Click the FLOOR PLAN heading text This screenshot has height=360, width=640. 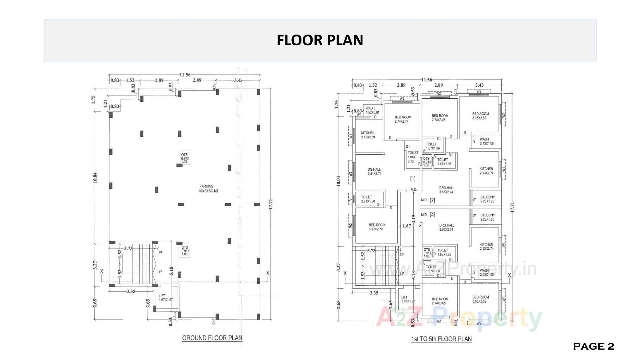coord(320,40)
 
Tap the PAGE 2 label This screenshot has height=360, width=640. coord(593,347)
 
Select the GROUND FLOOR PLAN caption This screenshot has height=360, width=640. coord(212,338)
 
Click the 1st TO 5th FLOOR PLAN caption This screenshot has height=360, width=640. coord(441,339)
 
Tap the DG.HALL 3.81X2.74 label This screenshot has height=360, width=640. coord(374,171)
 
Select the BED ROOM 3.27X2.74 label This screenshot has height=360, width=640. coord(377,227)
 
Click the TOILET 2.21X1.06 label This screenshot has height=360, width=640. coord(367,199)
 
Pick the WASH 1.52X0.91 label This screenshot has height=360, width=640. coord(372,110)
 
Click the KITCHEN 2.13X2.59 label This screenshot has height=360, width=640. coord(368,135)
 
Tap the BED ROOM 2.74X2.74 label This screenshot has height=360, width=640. coord(403,119)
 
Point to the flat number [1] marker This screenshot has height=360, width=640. coord(413,179)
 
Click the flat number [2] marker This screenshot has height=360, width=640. coord(432,200)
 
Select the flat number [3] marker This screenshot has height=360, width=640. coord(432,214)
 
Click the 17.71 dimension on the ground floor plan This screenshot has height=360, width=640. coord(271,204)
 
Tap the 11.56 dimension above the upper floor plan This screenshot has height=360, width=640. coord(427,80)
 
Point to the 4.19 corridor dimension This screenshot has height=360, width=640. coord(414,219)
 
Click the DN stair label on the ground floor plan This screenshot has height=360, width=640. coord(160,252)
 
